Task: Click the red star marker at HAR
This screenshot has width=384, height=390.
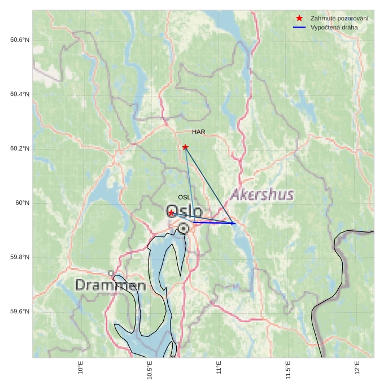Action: (x=185, y=147)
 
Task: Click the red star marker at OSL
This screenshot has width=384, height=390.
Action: (x=171, y=213)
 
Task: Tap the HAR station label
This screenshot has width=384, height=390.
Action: (x=198, y=132)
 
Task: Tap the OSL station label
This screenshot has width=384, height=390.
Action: (x=184, y=198)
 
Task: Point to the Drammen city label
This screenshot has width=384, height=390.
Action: (x=111, y=285)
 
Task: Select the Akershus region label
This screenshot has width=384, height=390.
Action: (x=262, y=195)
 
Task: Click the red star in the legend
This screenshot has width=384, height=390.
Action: (x=299, y=18)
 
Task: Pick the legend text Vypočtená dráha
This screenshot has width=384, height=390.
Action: (x=334, y=27)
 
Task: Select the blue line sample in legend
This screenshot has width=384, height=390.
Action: (x=299, y=27)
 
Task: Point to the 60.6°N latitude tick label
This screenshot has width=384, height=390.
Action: (x=20, y=40)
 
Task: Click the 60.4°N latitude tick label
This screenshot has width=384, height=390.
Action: (x=20, y=94)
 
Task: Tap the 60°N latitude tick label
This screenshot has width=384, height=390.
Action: (x=22, y=203)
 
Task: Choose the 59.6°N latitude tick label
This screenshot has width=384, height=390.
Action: (x=20, y=312)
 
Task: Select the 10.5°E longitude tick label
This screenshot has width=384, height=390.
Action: (x=150, y=370)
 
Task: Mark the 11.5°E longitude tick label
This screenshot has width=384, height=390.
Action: (x=288, y=370)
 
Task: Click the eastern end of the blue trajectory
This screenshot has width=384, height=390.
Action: (x=234, y=224)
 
